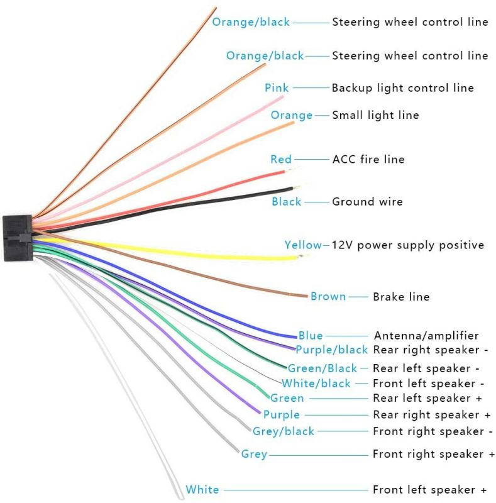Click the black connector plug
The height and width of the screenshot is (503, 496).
[x=17, y=238]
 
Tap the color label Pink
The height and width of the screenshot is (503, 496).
[x=277, y=87]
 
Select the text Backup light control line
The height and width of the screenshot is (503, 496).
[x=402, y=87]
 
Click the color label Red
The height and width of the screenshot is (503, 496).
[x=280, y=159]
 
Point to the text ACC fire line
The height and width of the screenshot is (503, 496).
[x=368, y=159]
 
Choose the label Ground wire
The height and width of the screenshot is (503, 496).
[x=367, y=202]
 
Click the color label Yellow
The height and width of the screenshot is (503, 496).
[x=303, y=245]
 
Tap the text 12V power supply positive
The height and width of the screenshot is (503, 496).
[x=407, y=245]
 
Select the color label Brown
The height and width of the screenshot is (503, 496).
[x=328, y=296]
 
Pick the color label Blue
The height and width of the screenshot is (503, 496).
[x=310, y=336]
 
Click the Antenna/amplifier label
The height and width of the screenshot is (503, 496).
[x=426, y=336]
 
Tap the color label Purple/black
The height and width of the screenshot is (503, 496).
[x=331, y=350]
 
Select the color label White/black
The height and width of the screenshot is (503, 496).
[x=316, y=384]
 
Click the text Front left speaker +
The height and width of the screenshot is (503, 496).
[x=429, y=490]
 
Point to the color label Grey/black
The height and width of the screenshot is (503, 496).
[x=283, y=431]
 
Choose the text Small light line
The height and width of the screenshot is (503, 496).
[x=375, y=115]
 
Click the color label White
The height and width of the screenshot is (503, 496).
[x=202, y=490]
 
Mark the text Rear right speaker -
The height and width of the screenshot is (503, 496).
[x=431, y=350]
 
